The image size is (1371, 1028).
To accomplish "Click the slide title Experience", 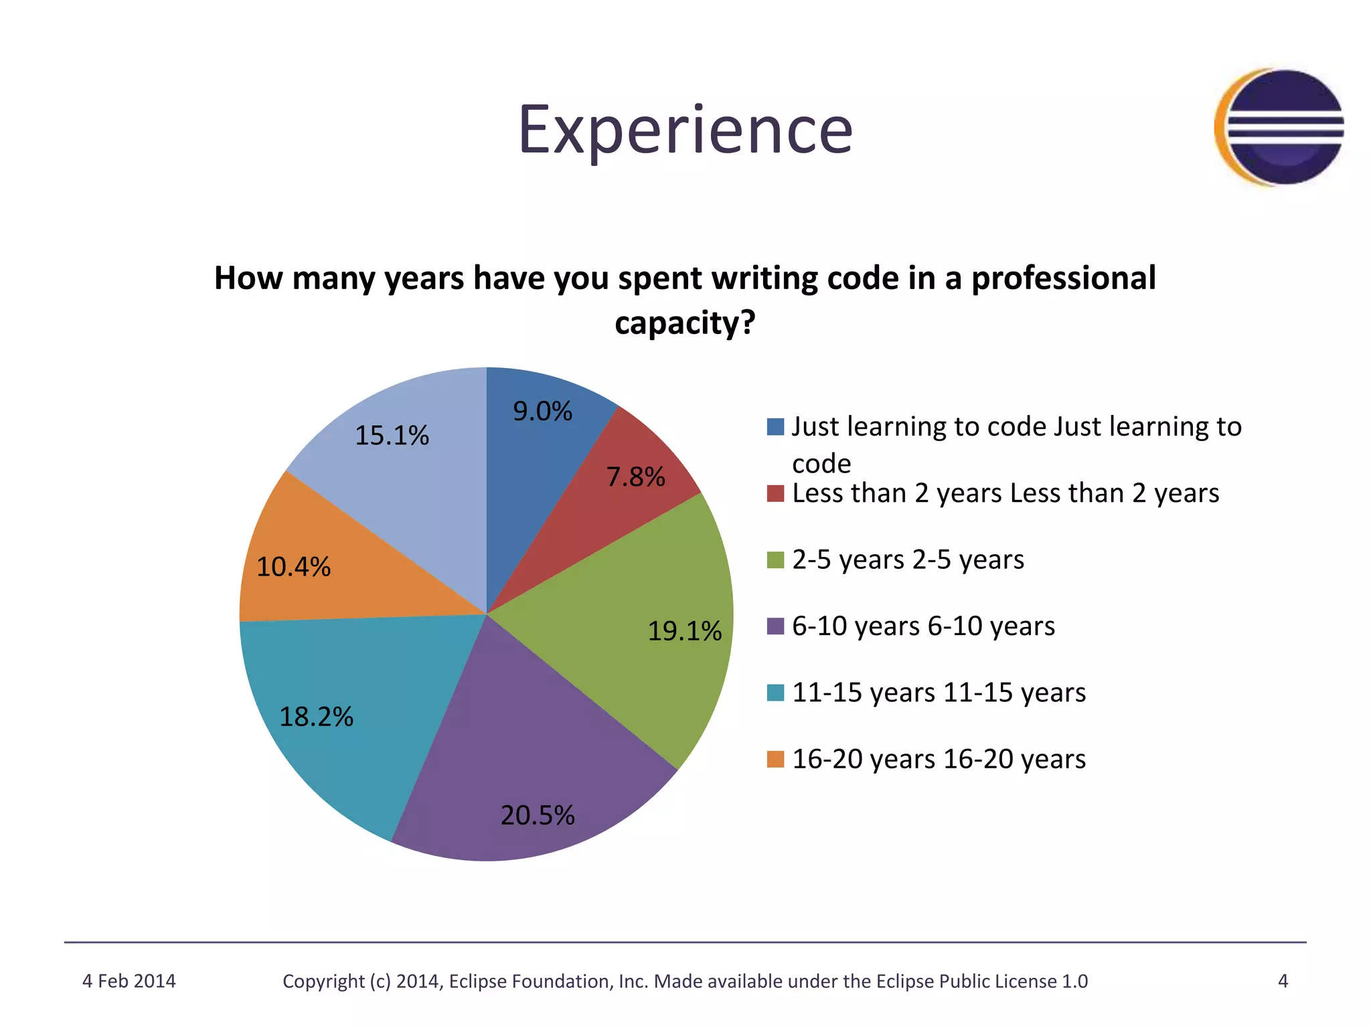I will click(685, 131).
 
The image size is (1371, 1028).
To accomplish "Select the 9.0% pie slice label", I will click(542, 411).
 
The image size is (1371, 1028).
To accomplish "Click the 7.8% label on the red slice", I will click(635, 477).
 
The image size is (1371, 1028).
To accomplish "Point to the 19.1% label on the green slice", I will click(684, 631).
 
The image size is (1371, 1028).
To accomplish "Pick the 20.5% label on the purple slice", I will click(538, 815).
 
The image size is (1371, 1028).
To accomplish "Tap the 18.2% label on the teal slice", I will click(316, 717).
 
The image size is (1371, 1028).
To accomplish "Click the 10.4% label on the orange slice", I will click(293, 567).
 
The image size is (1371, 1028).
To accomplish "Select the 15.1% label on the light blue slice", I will click(392, 436).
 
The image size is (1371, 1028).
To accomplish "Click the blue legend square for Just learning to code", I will click(775, 427).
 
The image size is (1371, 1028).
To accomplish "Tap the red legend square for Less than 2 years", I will click(775, 493).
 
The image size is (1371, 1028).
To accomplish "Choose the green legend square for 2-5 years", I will click(775, 560).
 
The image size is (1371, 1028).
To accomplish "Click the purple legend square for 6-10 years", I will click(775, 626).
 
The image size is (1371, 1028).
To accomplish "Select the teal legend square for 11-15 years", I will click(775, 693).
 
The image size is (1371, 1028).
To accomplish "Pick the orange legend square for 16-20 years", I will click(775, 760).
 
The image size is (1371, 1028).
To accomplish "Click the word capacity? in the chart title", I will click(685, 323).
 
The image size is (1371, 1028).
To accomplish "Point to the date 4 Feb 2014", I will click(129, 981).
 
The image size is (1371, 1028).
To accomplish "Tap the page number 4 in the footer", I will click(1283, 981).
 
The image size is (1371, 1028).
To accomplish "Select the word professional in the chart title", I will click(1063, 278).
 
